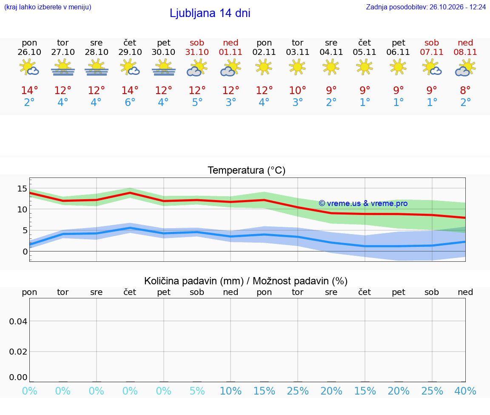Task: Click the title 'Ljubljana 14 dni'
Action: pos(210,13)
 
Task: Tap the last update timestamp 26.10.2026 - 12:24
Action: pos(458,7)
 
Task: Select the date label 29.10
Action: pos(130,52)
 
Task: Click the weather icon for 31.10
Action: pos(197,68)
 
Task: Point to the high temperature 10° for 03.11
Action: pos(297,90)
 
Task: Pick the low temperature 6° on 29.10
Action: pos(130,102)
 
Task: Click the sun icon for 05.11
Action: pos(365,67)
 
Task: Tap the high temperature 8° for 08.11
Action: pos(465,90)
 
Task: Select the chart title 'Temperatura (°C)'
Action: pos(247,170)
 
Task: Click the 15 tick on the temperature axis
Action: pos(22,189)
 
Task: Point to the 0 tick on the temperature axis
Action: pos(25,252)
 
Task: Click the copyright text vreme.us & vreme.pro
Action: pos(363,203)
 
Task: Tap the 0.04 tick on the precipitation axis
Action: pos(18,321)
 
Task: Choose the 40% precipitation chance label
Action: pos(465,391)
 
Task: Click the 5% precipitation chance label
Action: pos(197,391)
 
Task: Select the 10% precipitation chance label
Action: pos(231,391)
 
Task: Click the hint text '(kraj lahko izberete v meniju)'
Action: pos(48,7)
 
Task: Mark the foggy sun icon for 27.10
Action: pos(63,68)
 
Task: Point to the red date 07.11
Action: pos(432,52)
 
